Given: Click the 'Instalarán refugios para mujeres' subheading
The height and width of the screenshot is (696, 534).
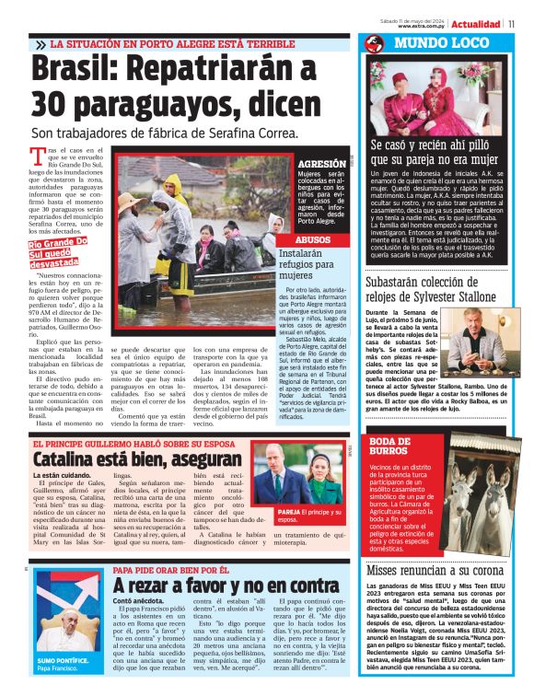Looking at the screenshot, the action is (x=308, y=263).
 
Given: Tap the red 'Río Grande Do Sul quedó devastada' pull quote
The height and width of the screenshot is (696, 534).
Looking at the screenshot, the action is (x=57, y=252).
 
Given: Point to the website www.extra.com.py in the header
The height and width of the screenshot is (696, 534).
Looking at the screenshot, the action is (x=422, y=26).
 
